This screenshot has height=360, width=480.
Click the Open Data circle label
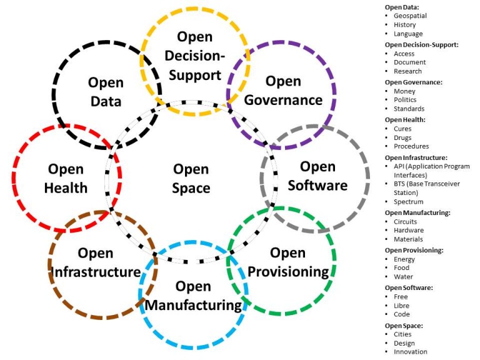[105, 92]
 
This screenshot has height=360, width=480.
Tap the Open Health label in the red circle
[66, 178]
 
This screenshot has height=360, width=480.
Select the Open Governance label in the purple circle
[283, 91]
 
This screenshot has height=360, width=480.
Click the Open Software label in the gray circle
[317, 176]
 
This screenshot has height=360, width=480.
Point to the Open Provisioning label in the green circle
[288, 262]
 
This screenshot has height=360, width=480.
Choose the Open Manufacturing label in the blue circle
[193, 296]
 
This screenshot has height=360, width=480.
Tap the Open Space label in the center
[191, 178]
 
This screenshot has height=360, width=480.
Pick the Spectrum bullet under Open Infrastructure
[408, 202]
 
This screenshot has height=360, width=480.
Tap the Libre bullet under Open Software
[402, 306]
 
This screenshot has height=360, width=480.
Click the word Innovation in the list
[410, 352]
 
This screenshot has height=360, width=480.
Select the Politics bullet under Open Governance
[405, 100]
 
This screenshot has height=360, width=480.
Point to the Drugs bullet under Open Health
[403, 137]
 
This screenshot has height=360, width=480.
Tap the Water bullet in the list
[403, 277]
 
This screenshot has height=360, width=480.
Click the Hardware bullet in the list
[408, 230]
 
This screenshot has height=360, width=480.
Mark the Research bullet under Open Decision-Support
[408, 71]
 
